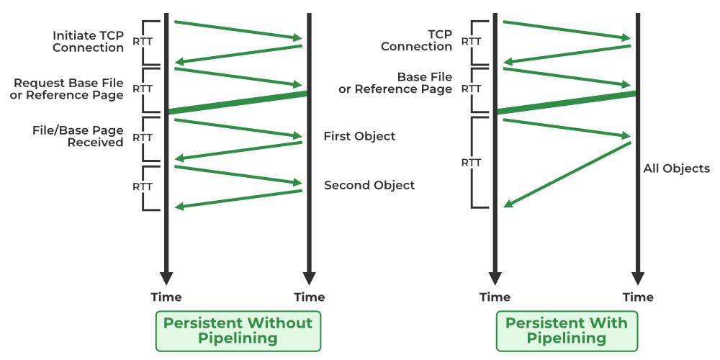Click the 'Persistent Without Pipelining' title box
[x=238, y=330]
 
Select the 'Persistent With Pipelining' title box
[x=566, y=330]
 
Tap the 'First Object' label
[x=359, y=136]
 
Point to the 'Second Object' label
[x=369, y=185]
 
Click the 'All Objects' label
[x=677, y=169]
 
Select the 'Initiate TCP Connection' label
[x=89, y=42]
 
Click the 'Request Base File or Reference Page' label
[x=67, y=89]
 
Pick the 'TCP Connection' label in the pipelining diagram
[x=418, y=40]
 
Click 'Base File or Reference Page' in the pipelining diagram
[x=395, y=83]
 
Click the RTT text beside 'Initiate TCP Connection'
[x=143, y=42]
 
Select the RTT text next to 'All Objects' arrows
[x=471, y=162]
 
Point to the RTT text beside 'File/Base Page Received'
[x=143, y=137]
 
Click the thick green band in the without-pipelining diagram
[x=238, y=102]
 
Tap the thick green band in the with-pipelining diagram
[x=566, y=102]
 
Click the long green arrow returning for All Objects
[x=567, y=174]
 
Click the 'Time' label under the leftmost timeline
[x=166, y=297]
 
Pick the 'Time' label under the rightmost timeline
[x=638, y=297]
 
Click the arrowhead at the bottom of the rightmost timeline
[x=637, y=278]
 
